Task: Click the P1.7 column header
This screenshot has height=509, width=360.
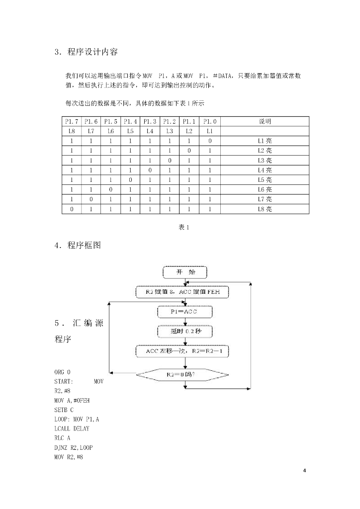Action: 72,122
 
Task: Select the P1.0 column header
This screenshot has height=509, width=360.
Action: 210,122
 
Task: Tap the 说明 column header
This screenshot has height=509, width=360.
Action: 265,122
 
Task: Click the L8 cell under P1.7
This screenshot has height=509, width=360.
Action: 72,131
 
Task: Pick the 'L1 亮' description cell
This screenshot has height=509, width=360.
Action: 265,141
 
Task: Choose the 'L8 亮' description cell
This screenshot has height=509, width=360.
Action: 265,209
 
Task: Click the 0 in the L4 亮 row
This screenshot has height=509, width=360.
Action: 150,170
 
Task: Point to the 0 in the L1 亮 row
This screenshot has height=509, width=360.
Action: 210,141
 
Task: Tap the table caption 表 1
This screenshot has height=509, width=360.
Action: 184,227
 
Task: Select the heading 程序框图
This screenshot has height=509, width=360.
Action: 84,245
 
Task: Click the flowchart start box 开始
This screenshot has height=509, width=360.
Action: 185,272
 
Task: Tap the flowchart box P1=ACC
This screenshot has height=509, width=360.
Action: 184,312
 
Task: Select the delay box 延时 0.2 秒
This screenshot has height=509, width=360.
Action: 184,331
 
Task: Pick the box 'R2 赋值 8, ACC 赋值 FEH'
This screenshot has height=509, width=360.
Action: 182,292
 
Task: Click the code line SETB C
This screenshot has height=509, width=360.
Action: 64,409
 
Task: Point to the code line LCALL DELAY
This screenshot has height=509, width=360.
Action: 72,428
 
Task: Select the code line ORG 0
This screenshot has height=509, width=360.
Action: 63,372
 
